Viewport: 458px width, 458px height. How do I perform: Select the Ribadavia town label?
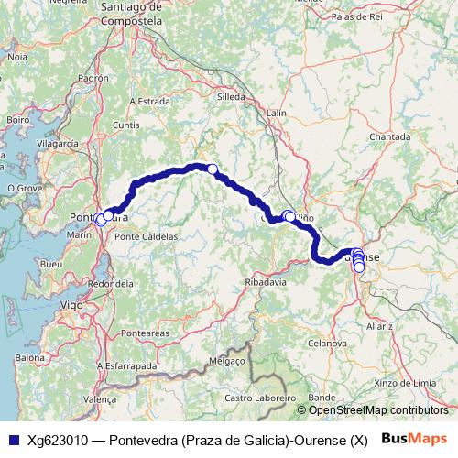(267, 282)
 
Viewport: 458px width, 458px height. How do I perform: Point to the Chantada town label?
(389, 136)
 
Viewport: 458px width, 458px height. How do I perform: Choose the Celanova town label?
(324, 342)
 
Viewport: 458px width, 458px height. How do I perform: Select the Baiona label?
(29, 357)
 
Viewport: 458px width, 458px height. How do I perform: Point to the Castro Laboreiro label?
(257, 398)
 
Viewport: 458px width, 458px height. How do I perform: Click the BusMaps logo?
(412, 439)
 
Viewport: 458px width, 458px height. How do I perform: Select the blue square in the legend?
(14, 440)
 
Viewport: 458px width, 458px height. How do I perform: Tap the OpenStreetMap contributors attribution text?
(378, 410)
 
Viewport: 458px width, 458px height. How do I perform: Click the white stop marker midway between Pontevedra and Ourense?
(212, 169)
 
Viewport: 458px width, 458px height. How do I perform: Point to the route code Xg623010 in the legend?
(58, 440)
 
